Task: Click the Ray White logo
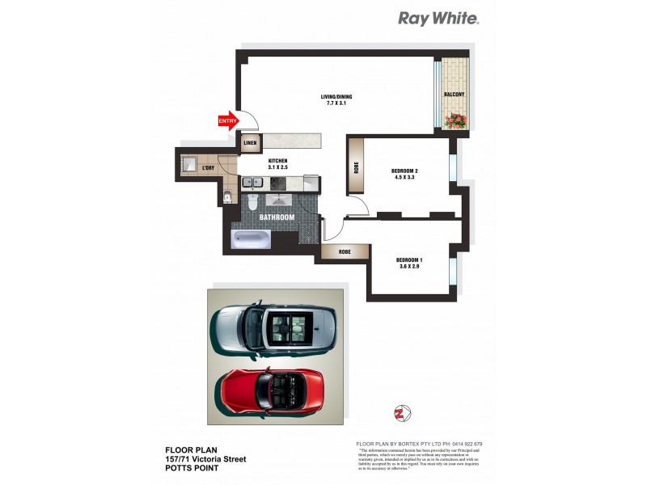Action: click(438, 18)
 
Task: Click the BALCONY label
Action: click(454, 95)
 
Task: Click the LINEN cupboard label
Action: click(250, 144)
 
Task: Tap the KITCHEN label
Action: click(278, 164)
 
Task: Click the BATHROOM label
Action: click(276, 217)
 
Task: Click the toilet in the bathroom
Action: click(252, 201)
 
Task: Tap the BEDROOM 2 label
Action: click(404, 174)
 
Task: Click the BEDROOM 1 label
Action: click(409, 262)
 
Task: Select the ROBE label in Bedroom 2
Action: click(357, 171)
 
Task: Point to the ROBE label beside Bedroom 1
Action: click(340, 251)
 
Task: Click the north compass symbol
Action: click(398, 413)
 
